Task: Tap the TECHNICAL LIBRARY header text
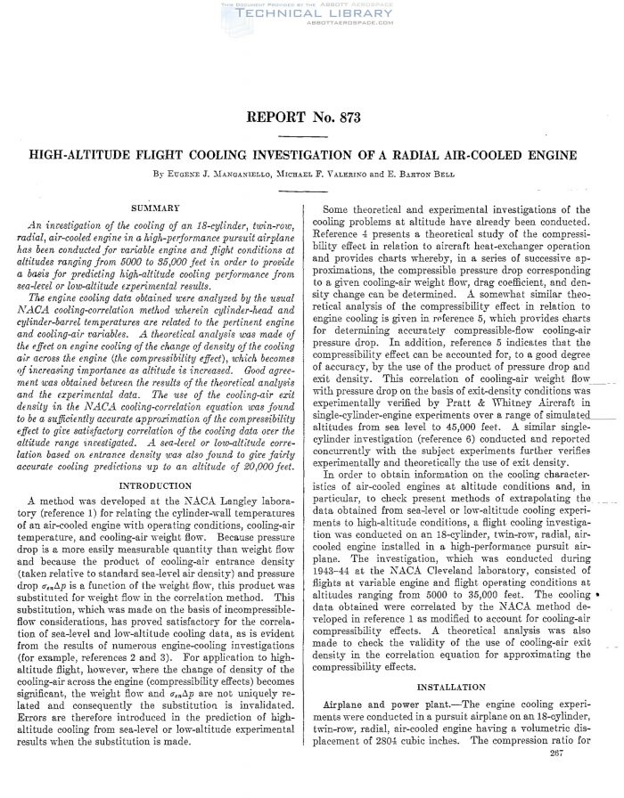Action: click(311, 16)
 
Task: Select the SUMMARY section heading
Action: click(158, 208)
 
